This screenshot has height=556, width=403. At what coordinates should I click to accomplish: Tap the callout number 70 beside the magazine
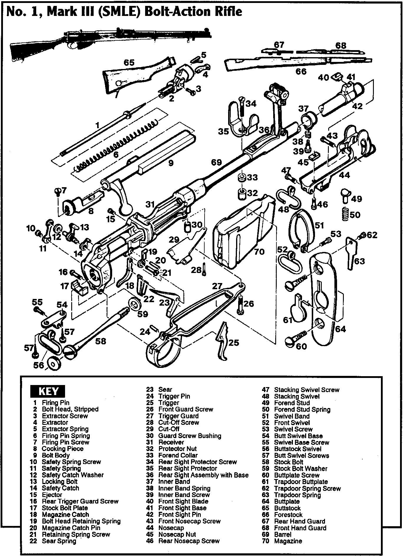coord(259,251)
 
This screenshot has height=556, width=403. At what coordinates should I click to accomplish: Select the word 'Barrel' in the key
coord(283,534)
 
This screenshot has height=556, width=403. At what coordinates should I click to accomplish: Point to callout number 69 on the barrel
coord(216,162)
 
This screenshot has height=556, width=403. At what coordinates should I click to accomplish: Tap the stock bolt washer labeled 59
coord(134,304)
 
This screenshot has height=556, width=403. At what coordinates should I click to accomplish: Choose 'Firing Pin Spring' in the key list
coord(66,436)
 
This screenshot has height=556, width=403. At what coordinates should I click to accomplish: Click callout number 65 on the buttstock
coord(129,62)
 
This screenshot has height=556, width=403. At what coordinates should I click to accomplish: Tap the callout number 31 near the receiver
coord(150,204)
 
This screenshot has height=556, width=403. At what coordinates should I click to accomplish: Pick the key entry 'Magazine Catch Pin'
coord(71,528)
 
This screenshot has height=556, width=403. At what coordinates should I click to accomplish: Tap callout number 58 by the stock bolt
coord(100,341)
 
